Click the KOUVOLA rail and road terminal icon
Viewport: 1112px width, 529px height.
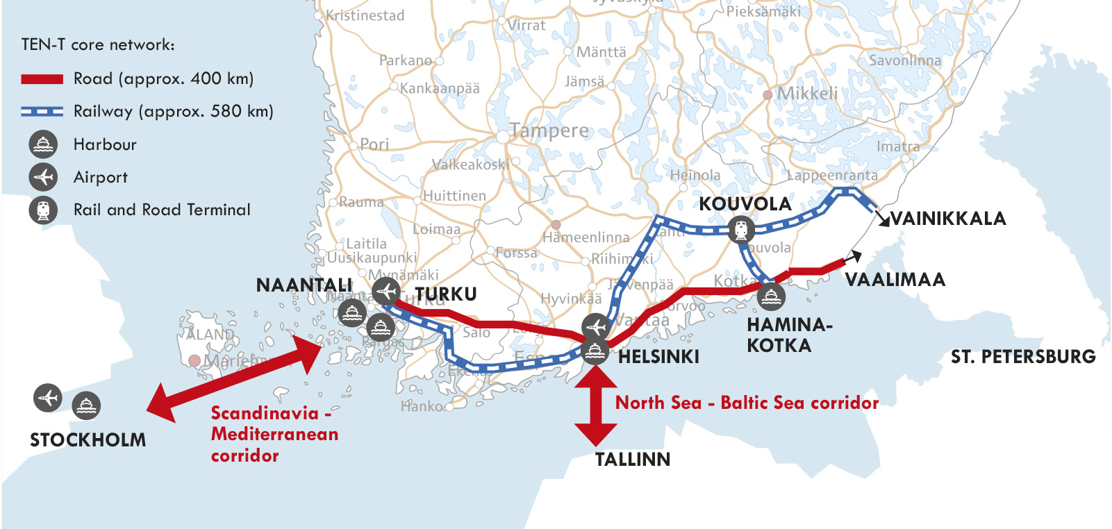741,229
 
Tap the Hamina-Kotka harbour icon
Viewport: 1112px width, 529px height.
771,297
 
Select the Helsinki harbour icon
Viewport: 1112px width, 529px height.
595,351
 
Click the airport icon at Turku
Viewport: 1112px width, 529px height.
385,291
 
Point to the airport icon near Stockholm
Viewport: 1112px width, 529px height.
48,398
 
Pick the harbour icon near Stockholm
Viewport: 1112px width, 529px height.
86,405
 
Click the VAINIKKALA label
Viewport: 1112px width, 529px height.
948,219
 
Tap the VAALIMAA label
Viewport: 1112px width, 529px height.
895,280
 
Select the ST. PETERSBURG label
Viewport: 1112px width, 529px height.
1023,357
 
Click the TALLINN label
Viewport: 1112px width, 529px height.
633,460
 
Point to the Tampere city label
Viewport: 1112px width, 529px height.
549,131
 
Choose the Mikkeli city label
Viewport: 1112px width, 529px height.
807,94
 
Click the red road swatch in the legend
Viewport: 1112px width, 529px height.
42,79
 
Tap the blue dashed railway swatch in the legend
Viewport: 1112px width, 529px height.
42,111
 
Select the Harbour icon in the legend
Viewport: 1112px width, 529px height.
43,144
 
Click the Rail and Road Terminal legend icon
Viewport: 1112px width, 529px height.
43,210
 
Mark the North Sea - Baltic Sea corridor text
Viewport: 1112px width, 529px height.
747,403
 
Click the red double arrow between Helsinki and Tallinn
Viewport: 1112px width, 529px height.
595,406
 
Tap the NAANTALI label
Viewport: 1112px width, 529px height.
304,285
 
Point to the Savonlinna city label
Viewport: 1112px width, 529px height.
905,60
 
